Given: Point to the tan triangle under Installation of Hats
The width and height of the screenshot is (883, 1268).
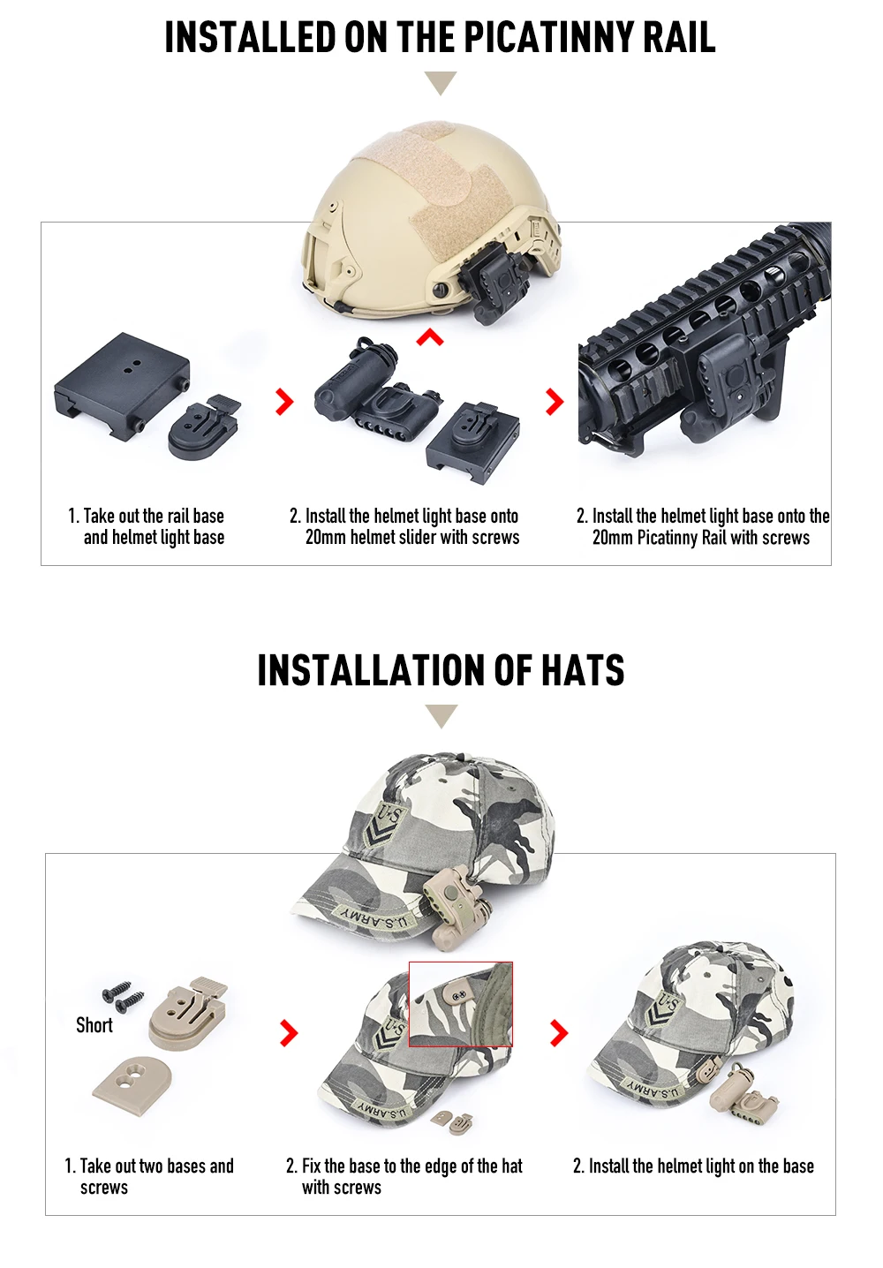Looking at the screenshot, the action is (441, 716).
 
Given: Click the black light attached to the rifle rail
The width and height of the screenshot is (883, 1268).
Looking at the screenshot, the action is (719, 390).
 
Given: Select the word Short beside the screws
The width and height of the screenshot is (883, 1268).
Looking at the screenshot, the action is (94, 1024).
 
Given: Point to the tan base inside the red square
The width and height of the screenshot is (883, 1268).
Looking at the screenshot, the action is (459, 992).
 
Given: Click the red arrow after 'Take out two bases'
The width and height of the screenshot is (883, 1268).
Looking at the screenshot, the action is (289, 1032).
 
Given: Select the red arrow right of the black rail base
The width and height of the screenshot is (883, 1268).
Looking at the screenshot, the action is (284, 402).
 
